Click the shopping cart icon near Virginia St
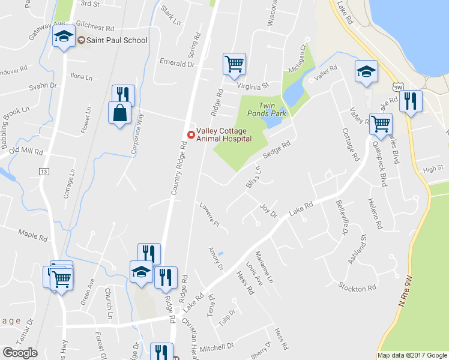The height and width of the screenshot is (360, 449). tap(234, 62)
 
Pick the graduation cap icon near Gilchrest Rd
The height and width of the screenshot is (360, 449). tap(64, 37)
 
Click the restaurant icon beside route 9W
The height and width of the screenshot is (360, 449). tap(411, 100)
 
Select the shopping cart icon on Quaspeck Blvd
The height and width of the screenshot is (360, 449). tap(381, 124)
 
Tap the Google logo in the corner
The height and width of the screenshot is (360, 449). tap(20, 353)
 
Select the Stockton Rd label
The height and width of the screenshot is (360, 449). tap(357, 289)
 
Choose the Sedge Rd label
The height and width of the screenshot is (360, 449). tap(277, 150)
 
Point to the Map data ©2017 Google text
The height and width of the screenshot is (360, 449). tap(412, 355)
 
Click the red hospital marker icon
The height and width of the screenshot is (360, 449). tap(191, 134)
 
